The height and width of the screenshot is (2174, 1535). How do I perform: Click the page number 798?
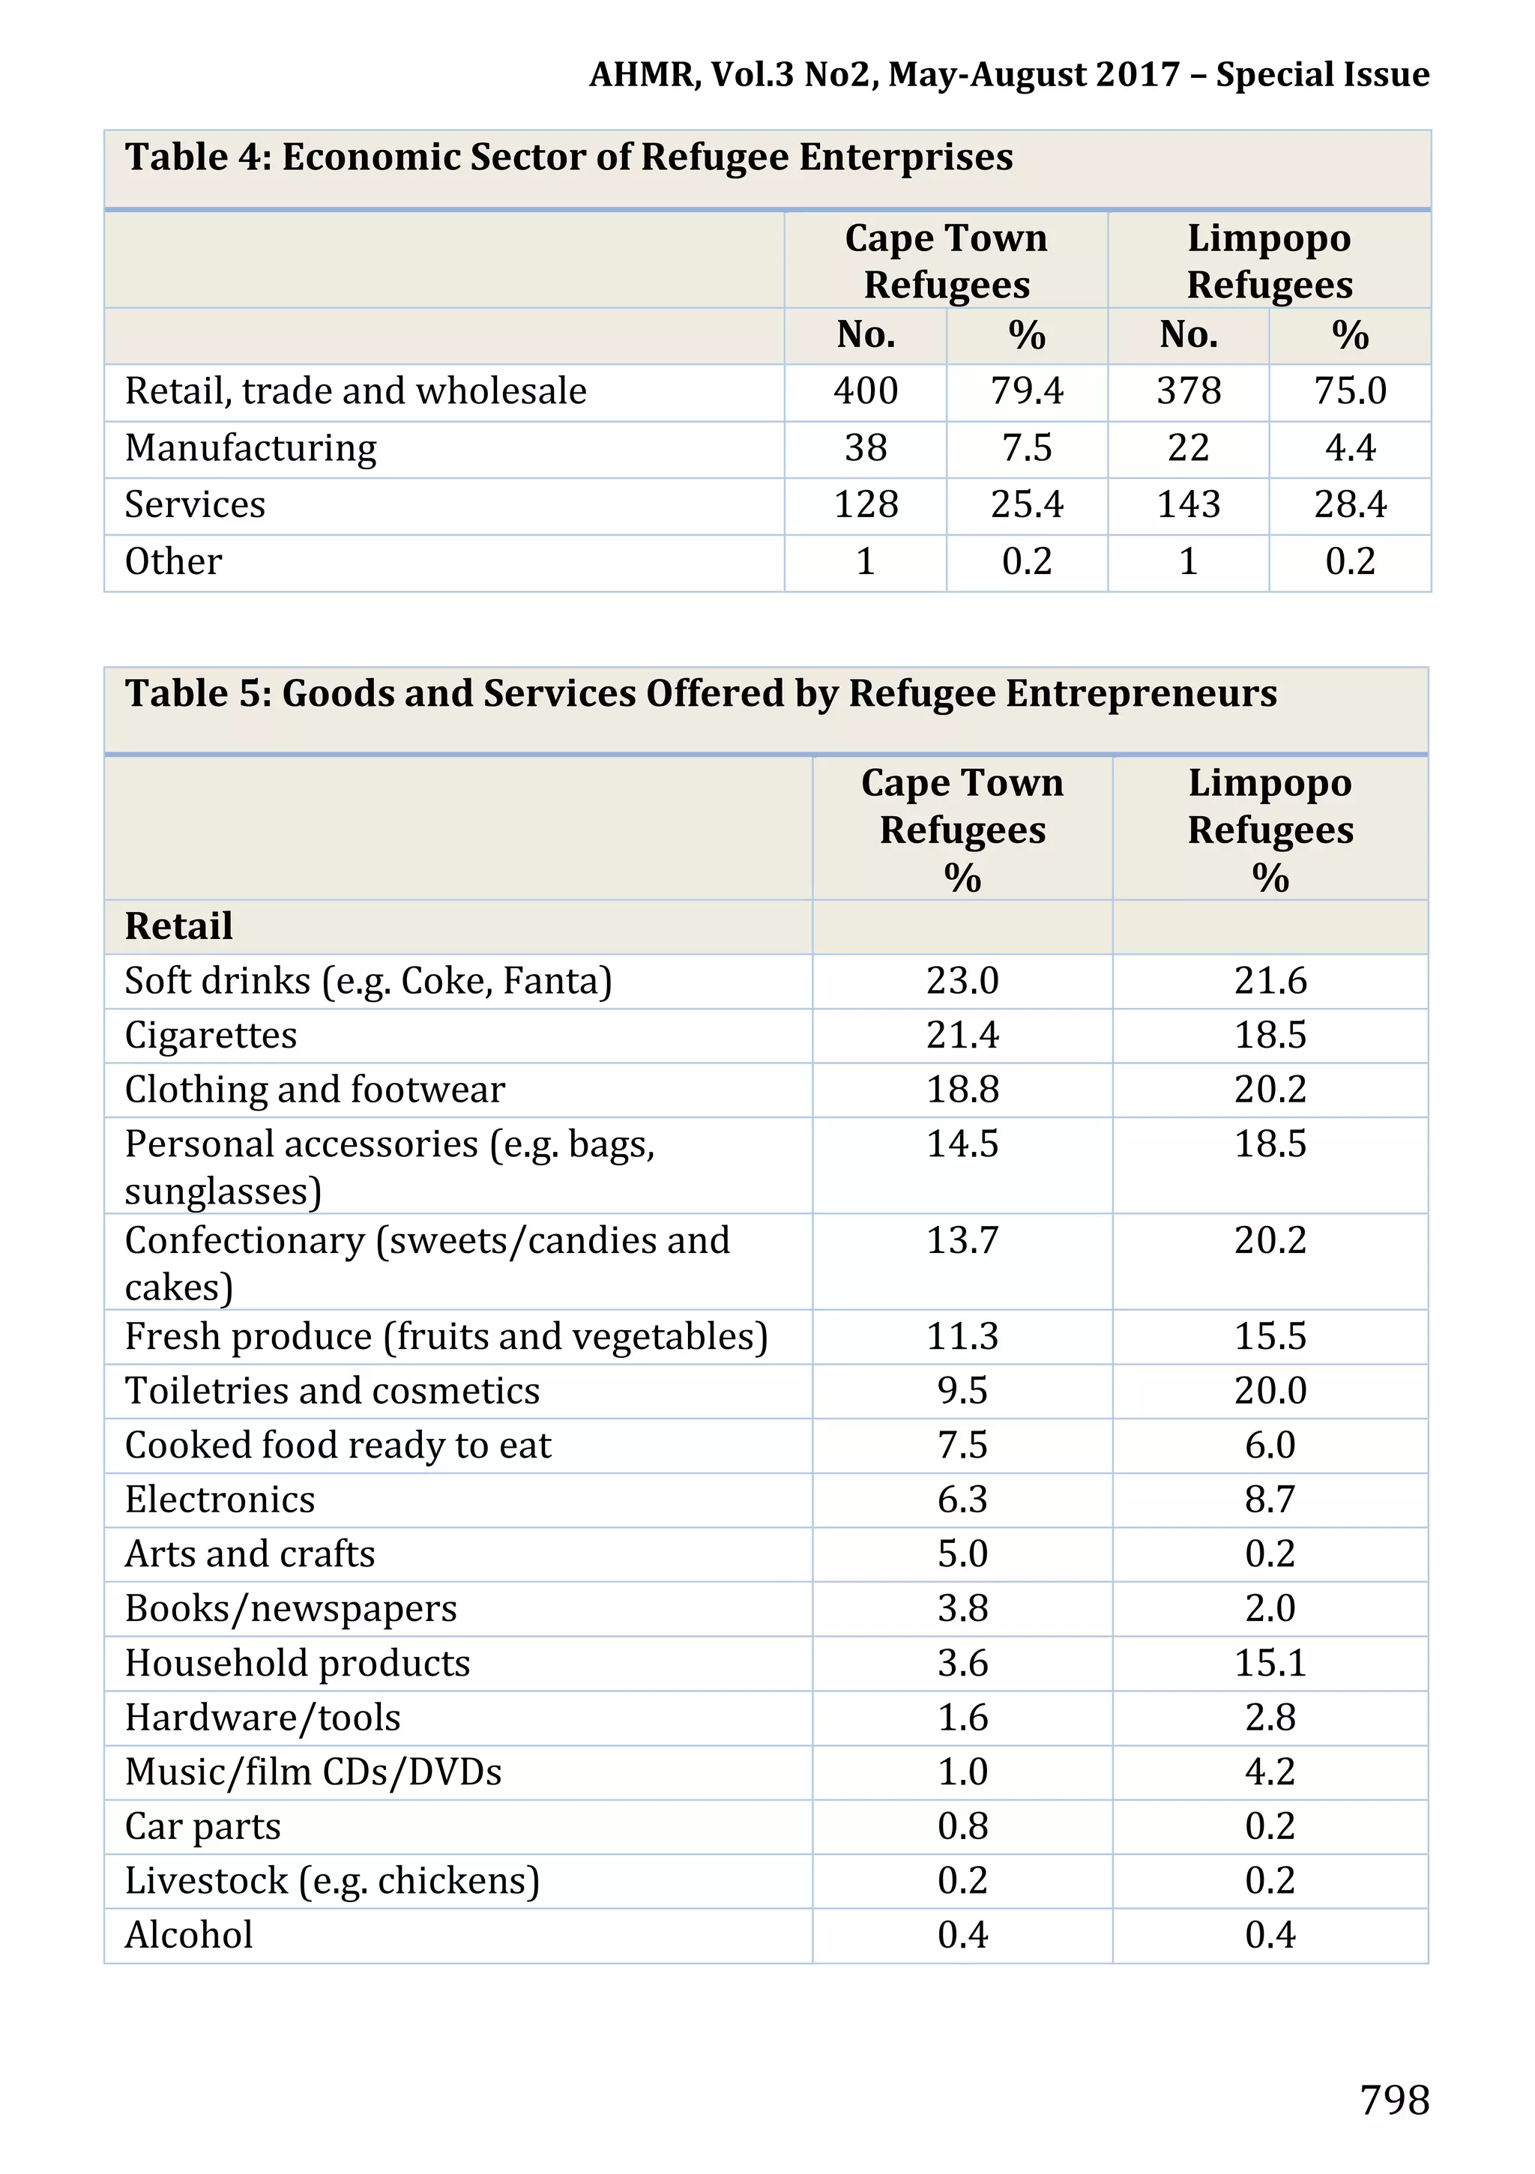pos(1394,2099)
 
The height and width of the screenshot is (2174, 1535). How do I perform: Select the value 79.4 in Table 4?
pos(1027,391)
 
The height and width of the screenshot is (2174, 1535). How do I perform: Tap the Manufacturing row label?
pos(251,448)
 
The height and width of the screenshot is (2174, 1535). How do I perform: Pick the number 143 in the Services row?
pos(1189,504)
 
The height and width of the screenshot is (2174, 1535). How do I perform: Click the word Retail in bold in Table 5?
pos(179,926)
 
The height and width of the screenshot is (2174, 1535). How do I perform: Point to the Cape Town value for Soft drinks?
pos(962,981)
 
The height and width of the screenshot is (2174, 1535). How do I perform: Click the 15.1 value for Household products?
pos(1270,1663)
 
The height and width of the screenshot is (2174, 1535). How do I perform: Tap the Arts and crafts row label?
pos(250,1553)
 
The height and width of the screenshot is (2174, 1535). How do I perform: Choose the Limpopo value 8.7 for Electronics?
pos(1270,1500)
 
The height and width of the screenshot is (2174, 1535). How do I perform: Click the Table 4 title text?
pos(569,157)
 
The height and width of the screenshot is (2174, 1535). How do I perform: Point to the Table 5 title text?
pos(701,694)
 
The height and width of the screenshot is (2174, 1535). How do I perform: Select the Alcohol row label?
pos(190,1934)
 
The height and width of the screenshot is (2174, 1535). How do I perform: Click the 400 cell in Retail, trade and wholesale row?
pos(866,391)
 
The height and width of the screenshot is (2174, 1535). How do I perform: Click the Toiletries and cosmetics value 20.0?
pos(1270,1391)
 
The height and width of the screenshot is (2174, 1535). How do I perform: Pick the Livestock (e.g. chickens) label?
pos(332,1880)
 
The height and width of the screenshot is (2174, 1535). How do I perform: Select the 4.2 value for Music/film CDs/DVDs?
pos(1270,1772)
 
